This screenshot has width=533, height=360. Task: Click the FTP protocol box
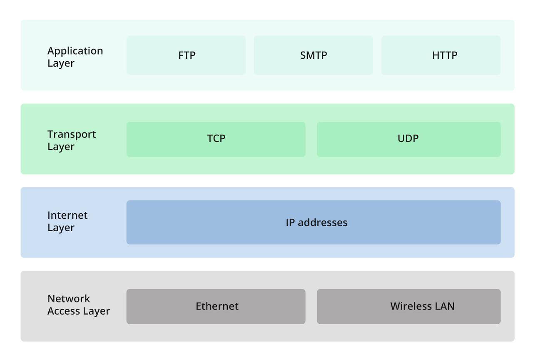[186, 55]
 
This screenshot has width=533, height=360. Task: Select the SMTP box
[313, 55]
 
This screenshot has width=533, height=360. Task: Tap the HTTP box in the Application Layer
[441, 55]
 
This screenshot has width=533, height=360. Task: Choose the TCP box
[216, 139]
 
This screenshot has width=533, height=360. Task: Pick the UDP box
[408, 139]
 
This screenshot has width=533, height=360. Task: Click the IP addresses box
[313, 222]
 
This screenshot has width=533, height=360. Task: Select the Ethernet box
[216, 306]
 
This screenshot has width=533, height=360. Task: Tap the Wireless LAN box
[408, 306]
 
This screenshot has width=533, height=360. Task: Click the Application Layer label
[75, 57]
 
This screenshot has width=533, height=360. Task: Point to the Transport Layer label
[72, 140]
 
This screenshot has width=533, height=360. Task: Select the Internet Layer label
[67, 221]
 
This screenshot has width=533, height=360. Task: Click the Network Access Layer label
[78, 305]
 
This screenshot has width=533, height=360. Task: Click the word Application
[75, 51]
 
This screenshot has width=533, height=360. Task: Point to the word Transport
[72, 134]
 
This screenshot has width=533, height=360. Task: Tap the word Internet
[67, 215]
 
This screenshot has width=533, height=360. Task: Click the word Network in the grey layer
[69, 299]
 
